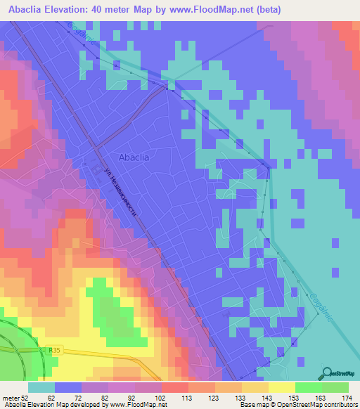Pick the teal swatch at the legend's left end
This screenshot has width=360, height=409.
coord(41,387)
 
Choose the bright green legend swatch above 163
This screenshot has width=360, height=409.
coord(307,387)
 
